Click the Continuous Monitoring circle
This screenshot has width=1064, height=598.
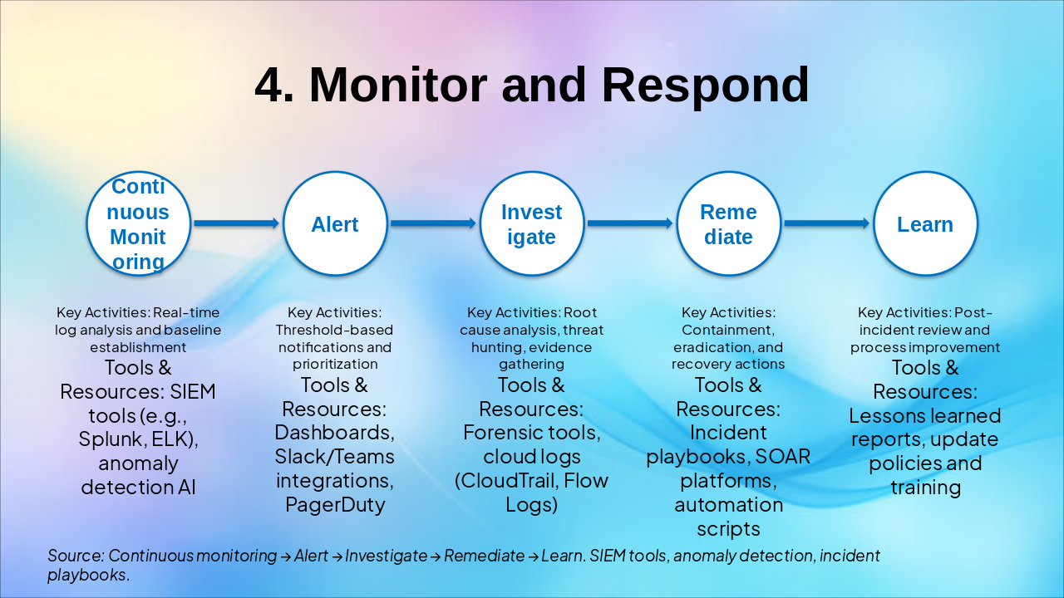click(x=139, y=223)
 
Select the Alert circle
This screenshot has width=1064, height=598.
click(x=335, y=223)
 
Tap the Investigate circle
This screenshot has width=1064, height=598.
click(x=532, y=223)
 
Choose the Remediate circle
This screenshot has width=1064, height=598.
click(x=728, y=223)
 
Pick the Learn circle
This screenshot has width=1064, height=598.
click(x=925, y=223)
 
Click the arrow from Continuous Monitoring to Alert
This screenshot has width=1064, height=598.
click(x=236, y=223)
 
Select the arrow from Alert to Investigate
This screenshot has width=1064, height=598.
click(x=433, y=223)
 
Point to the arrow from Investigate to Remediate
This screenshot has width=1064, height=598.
click(x=629, y=223)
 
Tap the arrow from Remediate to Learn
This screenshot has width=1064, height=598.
click(x=826, y=223)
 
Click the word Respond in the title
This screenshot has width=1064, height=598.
click(x=705, y=85)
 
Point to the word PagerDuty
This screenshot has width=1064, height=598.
click(x=335, y=504)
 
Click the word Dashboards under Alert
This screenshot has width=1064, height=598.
click(x=333, y=433)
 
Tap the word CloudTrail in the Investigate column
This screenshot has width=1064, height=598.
click(x=510, y=480)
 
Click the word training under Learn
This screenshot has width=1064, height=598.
click(x=925, y=487)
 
